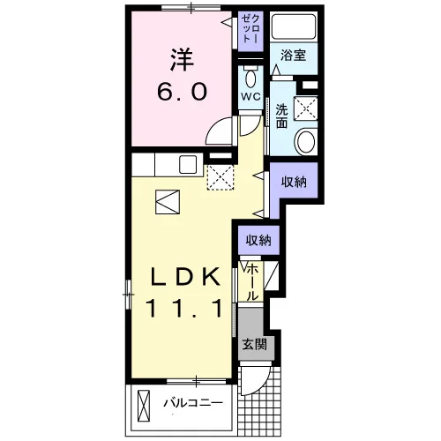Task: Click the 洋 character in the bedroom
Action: click(182, 60)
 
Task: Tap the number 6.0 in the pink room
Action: click(182, 92)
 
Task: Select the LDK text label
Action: click(185, 277)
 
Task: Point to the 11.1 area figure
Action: click(185, 308)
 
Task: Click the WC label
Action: click(250, 96)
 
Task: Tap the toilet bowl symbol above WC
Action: click(250, 77)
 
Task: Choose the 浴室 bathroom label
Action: click(293, 56)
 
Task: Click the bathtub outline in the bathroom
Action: click(294, 26)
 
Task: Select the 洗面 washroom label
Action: click(281, 116)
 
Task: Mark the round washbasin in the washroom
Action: click(306, 141)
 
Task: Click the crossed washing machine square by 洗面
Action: click(306, 108)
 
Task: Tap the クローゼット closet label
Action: click(250, 29)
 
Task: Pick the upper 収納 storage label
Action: click(294, 183)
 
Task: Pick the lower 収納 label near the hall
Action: click(258, 241)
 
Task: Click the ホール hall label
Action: click(252, 282)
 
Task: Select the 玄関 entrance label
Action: click(255, 344)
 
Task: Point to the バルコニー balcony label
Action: click(193, 402)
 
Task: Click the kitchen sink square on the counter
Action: click(188, 165)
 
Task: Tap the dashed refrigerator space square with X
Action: click(220, 177)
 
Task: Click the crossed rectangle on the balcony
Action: click(144, 406)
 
